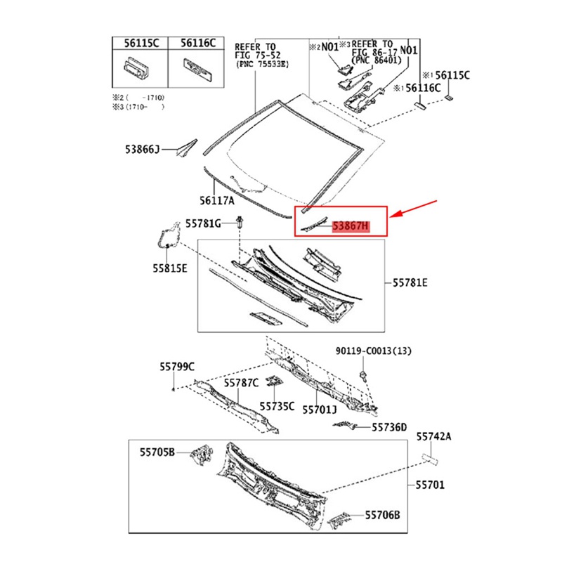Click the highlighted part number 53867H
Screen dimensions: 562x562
[x=350, y=227]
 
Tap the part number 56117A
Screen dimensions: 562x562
[x=216, y=200]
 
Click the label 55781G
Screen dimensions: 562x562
[x=203, y=223]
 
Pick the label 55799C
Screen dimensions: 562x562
[x=176, y=366]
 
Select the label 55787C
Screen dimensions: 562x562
[x=242, y=382]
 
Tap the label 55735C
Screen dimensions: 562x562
[x=277, y=406]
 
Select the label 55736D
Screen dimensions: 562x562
[x=389, y=426]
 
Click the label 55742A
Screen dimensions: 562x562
[x=433, y=436]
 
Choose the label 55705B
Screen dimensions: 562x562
[x=156, y=452]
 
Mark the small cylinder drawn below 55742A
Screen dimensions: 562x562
[x=430, y=459]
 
